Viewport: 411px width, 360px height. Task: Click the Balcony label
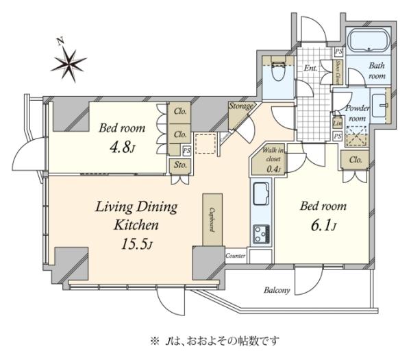(x=277, y=290)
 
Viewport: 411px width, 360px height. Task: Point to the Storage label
(x=242, y=107)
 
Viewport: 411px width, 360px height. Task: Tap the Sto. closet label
(x=181, y=165)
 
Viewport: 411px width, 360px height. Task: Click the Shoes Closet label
(x=338, y=70)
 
